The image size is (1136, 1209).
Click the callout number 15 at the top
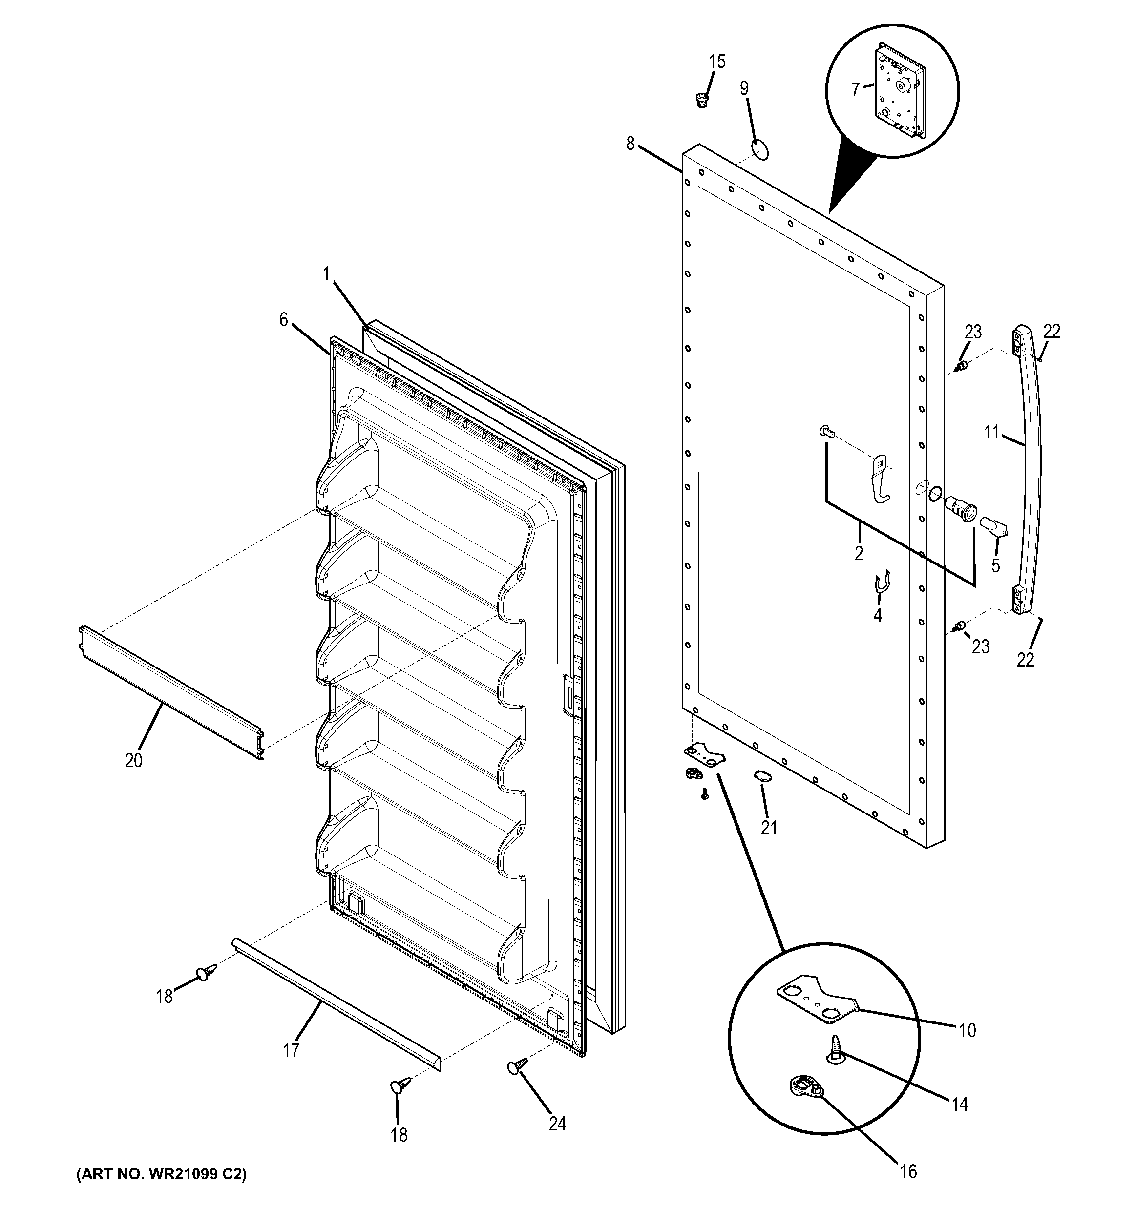click(717, 62)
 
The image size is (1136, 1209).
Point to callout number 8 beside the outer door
click(630, 144)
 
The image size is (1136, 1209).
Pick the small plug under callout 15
click(702, 99)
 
